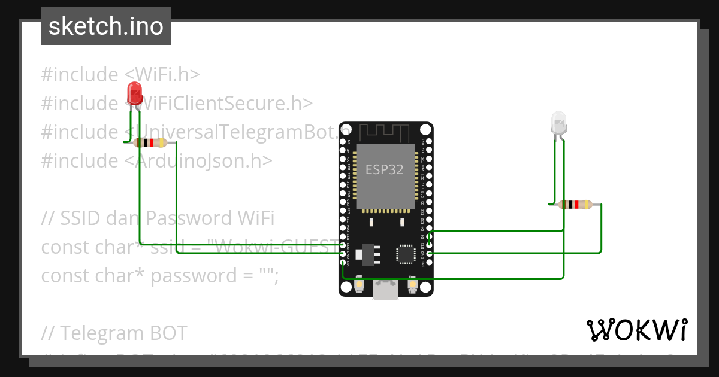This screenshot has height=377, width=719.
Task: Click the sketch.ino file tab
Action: pyautogui.click(x=106, y=26)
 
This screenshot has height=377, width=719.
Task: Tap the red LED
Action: pyautogui.click(x=135, y=95)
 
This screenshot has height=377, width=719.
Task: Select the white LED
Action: pyautogui.click(x=558, y=123)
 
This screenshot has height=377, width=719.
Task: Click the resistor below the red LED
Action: pyautogui.click(x=150, y=142)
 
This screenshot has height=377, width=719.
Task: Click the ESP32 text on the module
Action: pyautogui.click(x=385, y=169)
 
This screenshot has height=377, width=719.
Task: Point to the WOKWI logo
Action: pyautogui.click(x=637, y=330)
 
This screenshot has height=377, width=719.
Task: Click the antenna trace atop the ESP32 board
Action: pyautogui.click(x=385, y=131)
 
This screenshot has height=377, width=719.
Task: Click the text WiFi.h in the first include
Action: pyautogui.click(x=162, y=75)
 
